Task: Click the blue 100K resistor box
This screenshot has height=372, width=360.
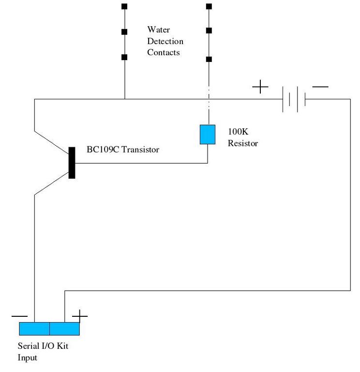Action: (x=208, y=135)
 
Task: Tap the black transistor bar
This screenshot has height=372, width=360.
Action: (x=72, y=163)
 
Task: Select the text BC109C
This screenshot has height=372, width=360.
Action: (x=103, y=150)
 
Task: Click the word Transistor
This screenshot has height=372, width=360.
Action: (x=140, y=150)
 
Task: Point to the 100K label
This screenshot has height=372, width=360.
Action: (x=238, y=131)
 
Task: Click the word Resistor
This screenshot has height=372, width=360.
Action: (x=243, y=143)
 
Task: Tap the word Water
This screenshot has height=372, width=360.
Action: (x=159, y=30)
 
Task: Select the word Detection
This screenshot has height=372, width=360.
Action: (x=165, y=41)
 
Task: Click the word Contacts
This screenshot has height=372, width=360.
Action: (x=163, y=52)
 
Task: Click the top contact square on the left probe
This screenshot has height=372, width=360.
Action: (x=124, y=6)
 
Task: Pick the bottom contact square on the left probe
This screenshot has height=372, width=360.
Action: (x=124, y=57)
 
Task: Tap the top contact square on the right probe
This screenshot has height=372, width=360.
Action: (x=209, y=6)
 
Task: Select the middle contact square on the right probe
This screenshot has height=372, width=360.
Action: (x=209, y=31)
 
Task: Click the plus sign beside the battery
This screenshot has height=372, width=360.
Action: (x=260, y=87)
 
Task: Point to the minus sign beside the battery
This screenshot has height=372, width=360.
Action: (x=320, y=87)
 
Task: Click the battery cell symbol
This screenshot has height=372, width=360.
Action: (x=294, y=99)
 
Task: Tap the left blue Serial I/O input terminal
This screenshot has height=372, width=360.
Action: (x=34, y=328)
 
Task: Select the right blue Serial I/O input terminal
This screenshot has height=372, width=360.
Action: (x=64, y=328)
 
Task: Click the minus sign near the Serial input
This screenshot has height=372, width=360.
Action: (x=19, y=316)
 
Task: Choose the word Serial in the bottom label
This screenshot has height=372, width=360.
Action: (x=28, y=346)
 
